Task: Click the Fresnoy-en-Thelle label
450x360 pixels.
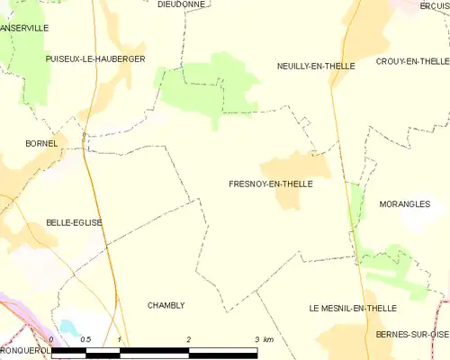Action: (271, 184)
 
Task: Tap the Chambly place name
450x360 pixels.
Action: (166, 305)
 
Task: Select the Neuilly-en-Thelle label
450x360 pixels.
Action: (316, 67)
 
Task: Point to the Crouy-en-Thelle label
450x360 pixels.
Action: (412, 61)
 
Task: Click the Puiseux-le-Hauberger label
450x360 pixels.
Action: (94, 58)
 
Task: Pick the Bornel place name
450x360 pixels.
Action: (41, 143)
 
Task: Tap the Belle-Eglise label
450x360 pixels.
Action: (74, 222)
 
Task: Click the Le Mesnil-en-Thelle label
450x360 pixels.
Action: (352, 308)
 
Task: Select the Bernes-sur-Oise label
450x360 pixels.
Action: (413, 335)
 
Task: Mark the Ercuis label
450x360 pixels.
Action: (434, 5)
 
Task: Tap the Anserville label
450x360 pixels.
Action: (24, 29)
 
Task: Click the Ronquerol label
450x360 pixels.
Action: (22, 351)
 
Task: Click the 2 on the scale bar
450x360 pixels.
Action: (189, 338)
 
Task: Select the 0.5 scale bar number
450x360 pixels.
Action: (85, 338)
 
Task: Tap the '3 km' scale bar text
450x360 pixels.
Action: (263, 338)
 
